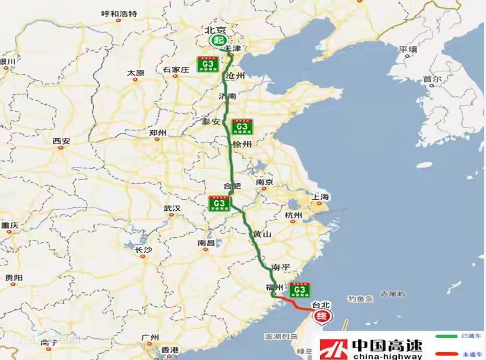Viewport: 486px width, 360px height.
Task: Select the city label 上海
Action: pyautogui.click(x=321, y=197)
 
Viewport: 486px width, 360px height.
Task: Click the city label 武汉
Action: pyautogui.click(x=172, y=208)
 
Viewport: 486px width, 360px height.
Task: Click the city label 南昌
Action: pyautogui.click(x=206, y=243)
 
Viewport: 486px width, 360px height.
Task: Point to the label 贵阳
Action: pyautogui.click(x=14, y=278)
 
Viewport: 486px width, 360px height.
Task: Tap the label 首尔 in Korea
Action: pyautogui.click(x=432, y=79)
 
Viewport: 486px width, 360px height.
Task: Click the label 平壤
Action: pyautogui.click(x=408, y=50)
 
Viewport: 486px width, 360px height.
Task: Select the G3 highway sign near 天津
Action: pyautogui.click(x=208, y=64)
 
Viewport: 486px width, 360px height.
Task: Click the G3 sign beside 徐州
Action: pyautogui.click(x=242, y=127)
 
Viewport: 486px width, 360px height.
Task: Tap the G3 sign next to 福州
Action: pyautogui.click(x=299, y=290)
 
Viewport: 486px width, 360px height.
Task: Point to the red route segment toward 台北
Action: pyautogui.click(x=294, y=303)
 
